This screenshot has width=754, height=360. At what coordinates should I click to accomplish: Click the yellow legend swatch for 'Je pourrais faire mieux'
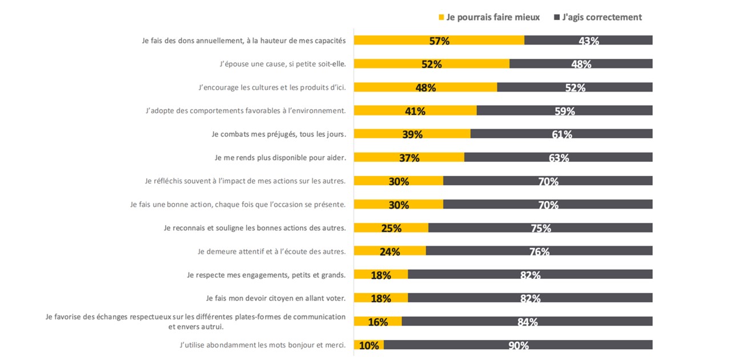click(441, 18)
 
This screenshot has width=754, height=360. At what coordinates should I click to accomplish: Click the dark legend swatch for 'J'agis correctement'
click(556, 18)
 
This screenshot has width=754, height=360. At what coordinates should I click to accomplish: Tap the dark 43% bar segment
click(588, 40)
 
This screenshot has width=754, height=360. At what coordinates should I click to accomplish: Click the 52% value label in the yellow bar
click(431, 64)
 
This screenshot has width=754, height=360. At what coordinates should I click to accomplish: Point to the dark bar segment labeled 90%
click(518, 345)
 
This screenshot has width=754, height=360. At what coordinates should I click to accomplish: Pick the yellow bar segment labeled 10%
click(368, 345)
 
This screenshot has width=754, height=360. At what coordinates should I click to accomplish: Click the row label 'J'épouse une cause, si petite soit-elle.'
click(282, 64)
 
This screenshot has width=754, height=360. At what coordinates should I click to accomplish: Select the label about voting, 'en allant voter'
click(275, 298)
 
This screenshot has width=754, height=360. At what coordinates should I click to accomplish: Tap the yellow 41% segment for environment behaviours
click(415, 110)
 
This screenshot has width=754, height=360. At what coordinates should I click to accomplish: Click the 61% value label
click(562, 134)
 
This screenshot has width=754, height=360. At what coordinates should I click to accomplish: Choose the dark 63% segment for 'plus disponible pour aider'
click(558, 157)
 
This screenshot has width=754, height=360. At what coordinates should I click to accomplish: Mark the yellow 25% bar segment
click(391, 227)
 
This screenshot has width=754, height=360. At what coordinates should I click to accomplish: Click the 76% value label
click(539, 251)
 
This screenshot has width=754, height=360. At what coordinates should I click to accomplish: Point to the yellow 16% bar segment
click(378, 321)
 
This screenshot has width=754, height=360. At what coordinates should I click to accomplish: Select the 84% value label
click(527, 322)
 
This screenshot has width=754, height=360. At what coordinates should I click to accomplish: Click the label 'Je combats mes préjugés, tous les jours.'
click(278, 134)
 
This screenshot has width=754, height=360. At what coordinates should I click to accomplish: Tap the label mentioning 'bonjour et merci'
click(262, 345)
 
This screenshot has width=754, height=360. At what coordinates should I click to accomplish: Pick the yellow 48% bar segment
click(425, 87)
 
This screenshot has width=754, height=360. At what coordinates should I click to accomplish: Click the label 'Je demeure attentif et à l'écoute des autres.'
click(271, 251)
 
